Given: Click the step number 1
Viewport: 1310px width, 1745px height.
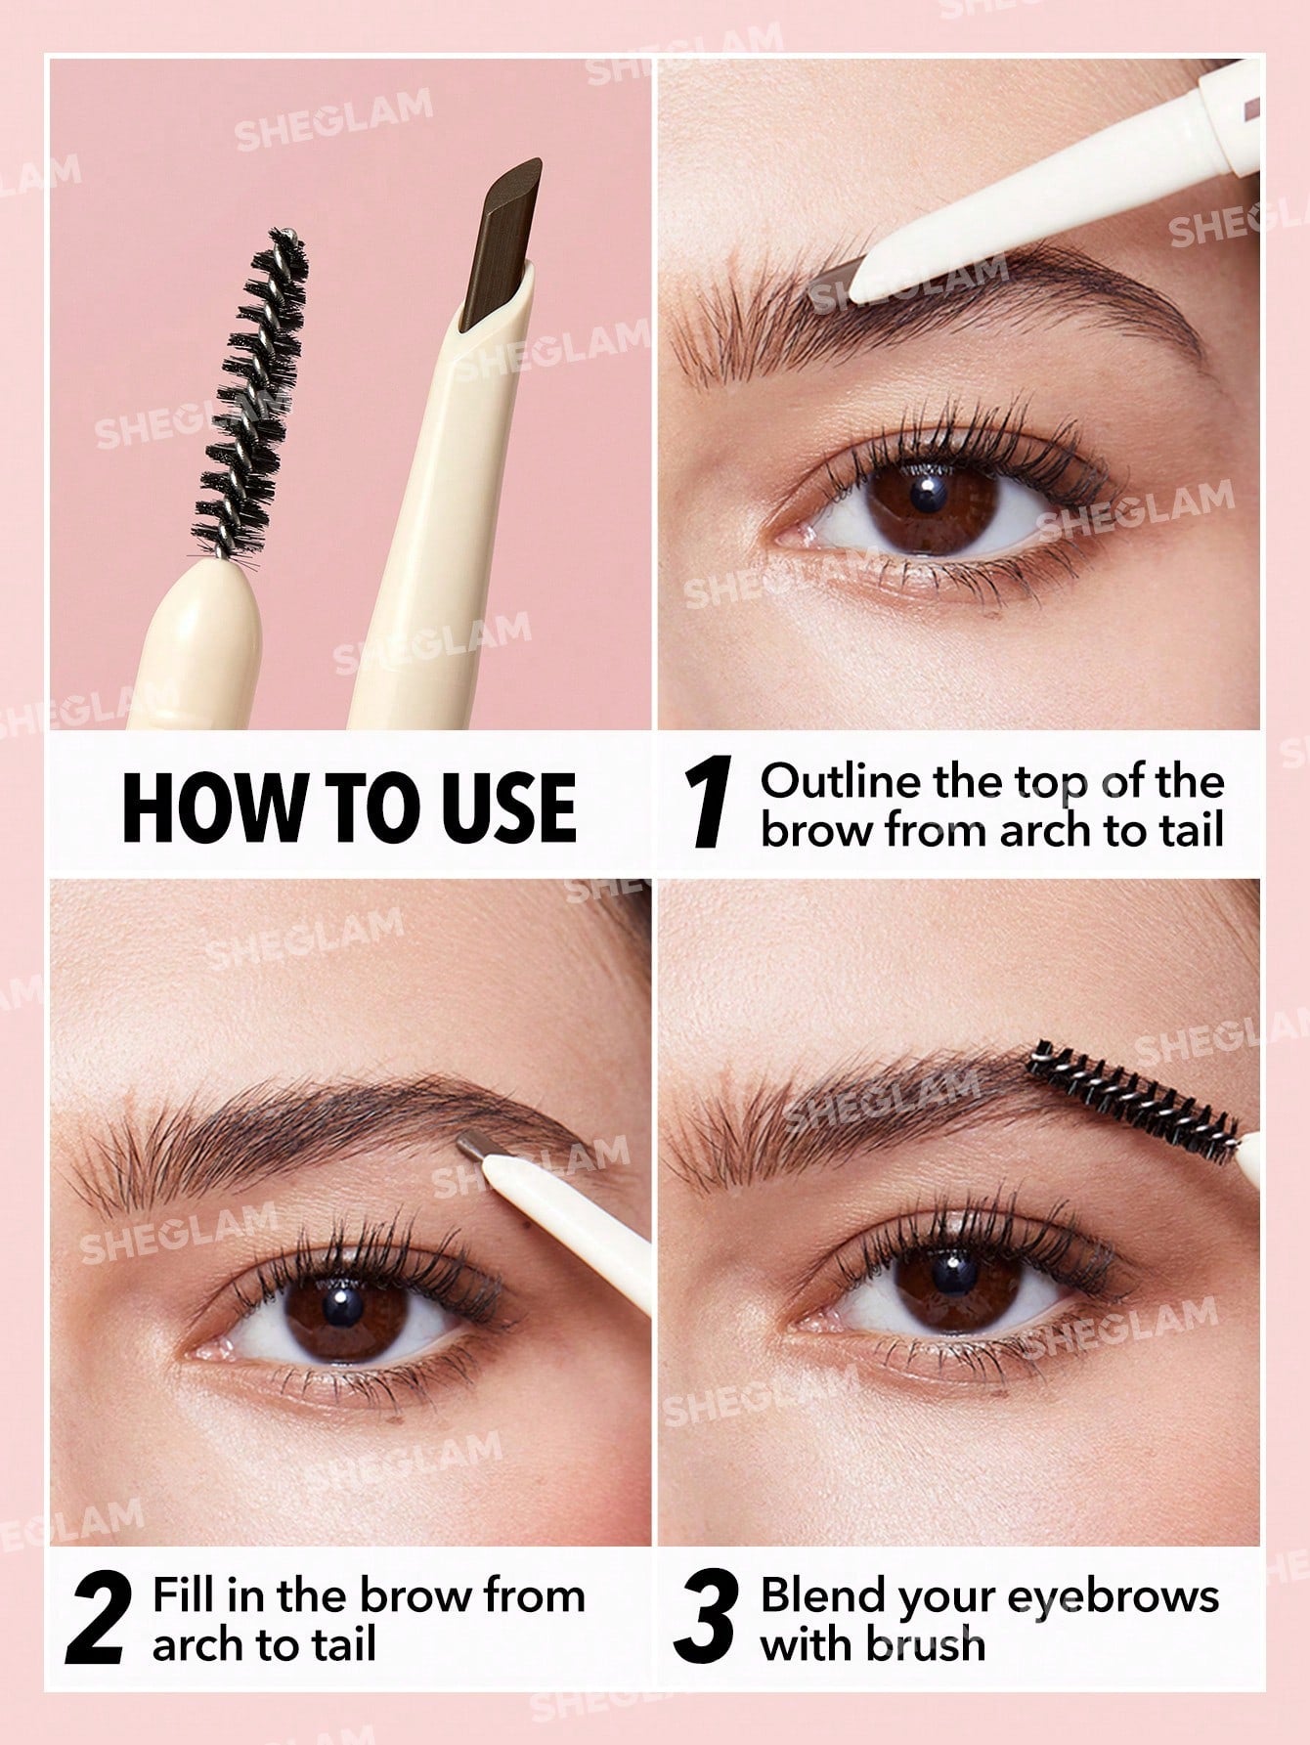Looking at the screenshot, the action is point(709,807).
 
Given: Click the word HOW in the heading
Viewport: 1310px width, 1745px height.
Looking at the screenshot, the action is point(199,807).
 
